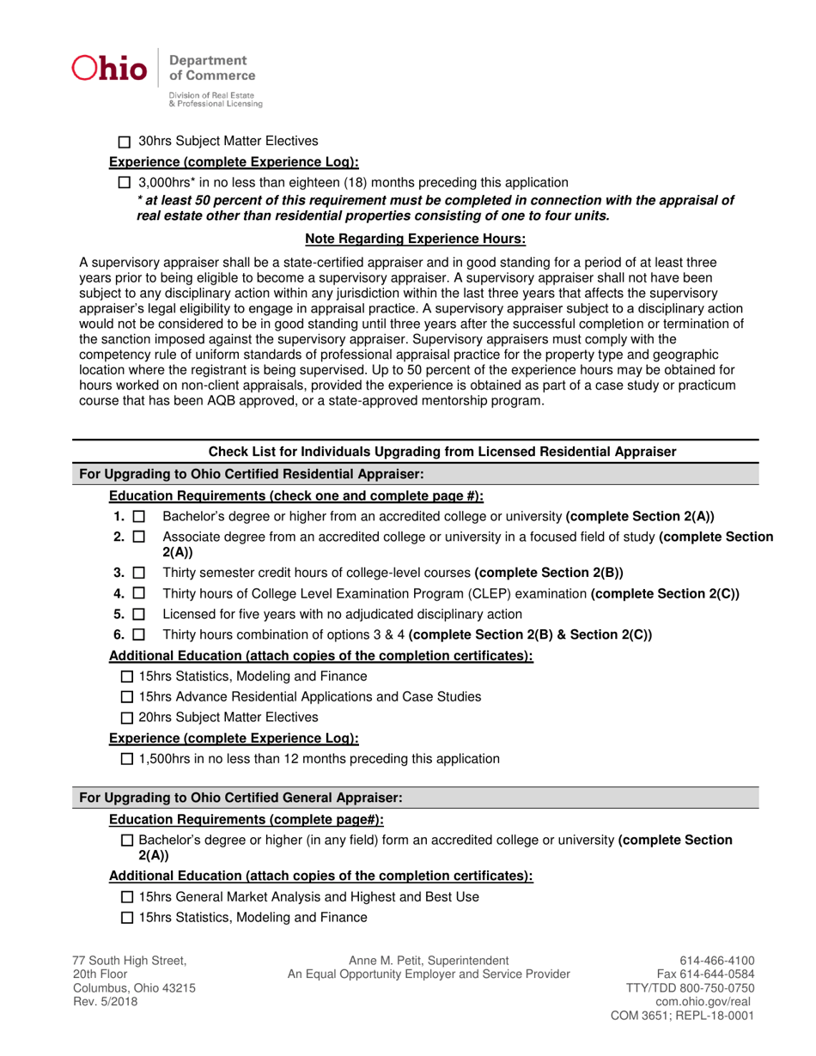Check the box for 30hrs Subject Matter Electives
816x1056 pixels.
[x=125, y=142]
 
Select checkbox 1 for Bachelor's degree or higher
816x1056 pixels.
[x=140, y=518]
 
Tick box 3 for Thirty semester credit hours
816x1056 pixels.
[x=140, y=573]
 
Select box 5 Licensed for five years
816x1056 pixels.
[x=140, y=615]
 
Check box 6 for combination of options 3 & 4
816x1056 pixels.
[x=140, y=635]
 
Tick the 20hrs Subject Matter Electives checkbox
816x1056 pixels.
[x=128, y=718]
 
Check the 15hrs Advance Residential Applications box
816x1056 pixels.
[x=128, y=697]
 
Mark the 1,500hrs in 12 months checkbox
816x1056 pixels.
[x=128, y=760]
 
